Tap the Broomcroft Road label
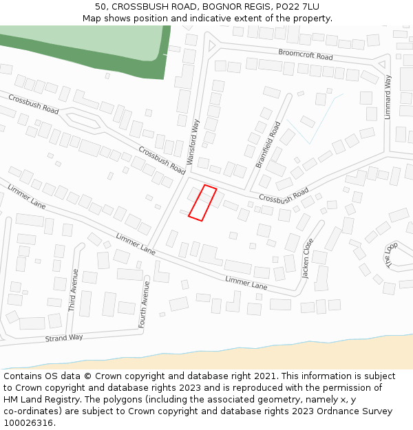[306, 54]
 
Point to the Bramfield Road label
[268, 144]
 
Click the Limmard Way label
[388, 97]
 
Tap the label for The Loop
[391, 255]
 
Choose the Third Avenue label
[74, 290]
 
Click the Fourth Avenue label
[146, 303]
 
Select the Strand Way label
[64, 338]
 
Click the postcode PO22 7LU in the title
[295, 6]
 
